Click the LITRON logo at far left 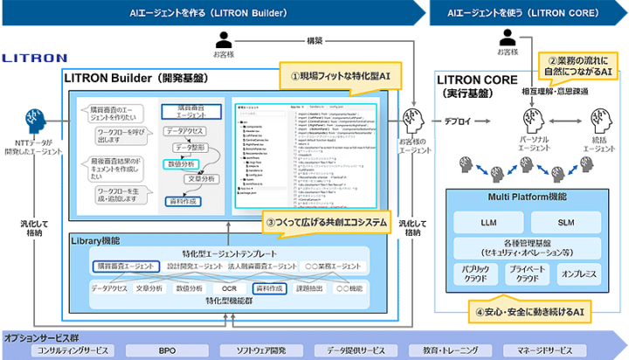point(34,58)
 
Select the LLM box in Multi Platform point(488,224)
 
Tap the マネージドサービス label point(546,350)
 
